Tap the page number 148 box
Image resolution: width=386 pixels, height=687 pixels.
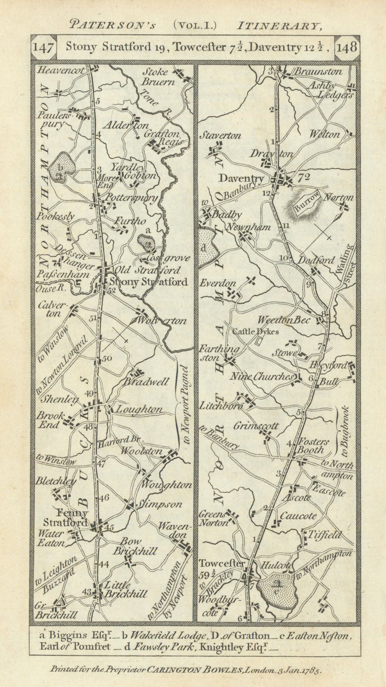[x=347, y=48]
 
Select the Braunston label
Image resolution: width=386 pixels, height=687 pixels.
[x=319, y=72]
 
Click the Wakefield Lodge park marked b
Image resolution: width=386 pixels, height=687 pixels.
[x=62, y=169]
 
